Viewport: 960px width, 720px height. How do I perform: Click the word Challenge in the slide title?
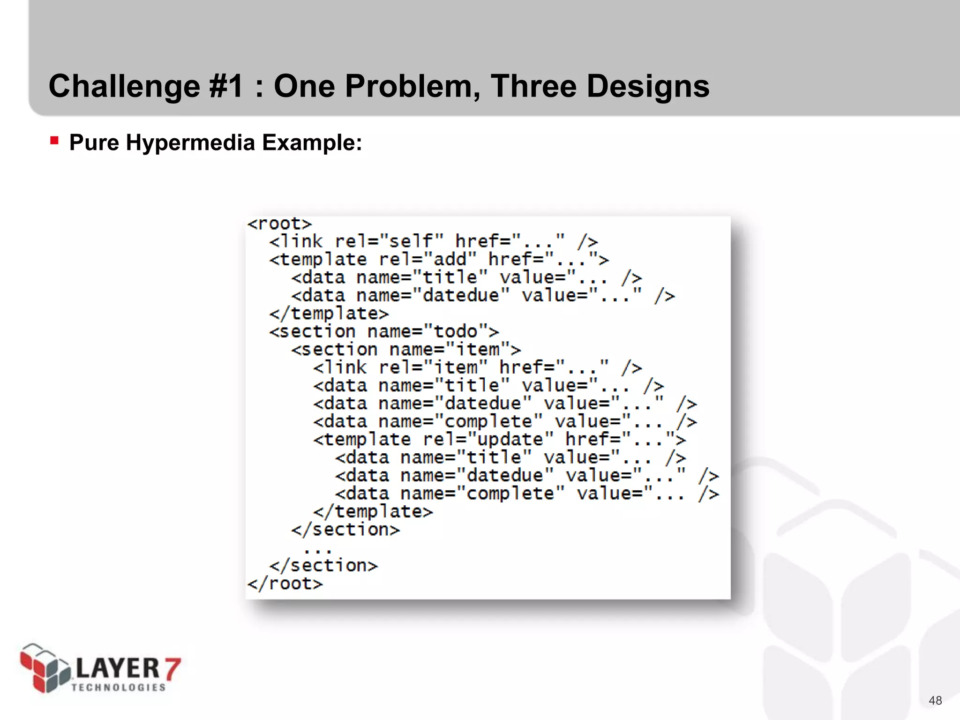[x=124, y=87]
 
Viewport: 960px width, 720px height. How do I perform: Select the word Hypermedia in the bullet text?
[x=190, y=142]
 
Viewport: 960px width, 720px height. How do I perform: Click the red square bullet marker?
[x=54, y=140]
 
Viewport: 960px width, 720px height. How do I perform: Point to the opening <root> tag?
[x=279, y=224]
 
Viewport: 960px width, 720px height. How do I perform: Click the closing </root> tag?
[x=285, y=584]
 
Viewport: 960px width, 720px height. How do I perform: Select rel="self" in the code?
[x=389, y=241]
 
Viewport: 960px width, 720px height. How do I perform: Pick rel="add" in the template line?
[x=427, y=259]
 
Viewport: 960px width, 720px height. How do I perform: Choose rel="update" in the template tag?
[x=488, y=440]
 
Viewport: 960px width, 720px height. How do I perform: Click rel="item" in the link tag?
[x=433, y=367]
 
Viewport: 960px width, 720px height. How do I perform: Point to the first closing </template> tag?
[x=329, y=314]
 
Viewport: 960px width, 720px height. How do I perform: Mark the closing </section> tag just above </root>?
[x=323, y=566]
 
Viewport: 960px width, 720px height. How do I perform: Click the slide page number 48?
[x=935, y=700]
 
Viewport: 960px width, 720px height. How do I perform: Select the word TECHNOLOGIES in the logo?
[x=119, y=687]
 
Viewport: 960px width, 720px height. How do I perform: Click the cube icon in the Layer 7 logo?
[x=44, y=668]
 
